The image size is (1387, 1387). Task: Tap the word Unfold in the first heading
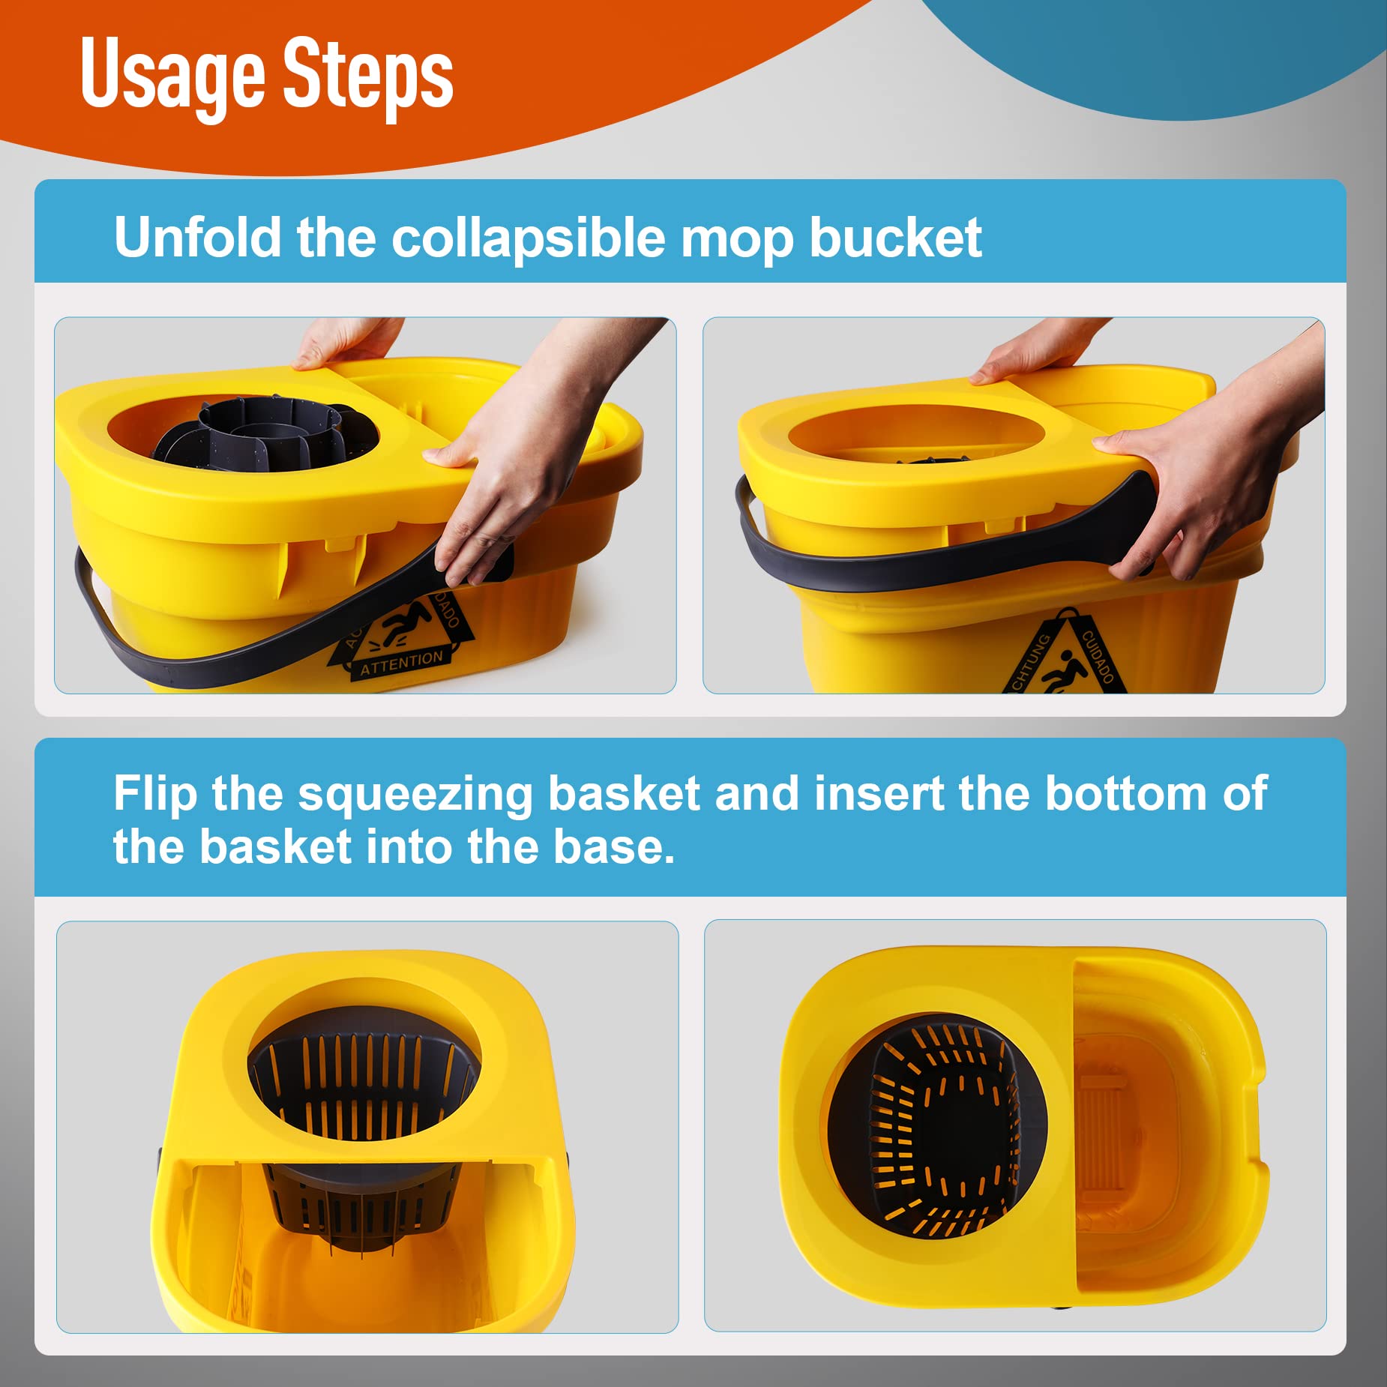(x=196, y=238)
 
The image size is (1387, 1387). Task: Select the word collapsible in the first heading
(x=528, y=238)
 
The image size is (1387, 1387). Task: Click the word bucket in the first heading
(x=895, y=238)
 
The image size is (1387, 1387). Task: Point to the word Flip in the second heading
(x=154, y=793)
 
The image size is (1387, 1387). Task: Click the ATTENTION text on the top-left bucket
(x=401, y=663)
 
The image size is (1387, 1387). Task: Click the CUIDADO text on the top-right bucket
(x=1097, y=657)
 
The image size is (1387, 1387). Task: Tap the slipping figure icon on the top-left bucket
(x=405, y=624)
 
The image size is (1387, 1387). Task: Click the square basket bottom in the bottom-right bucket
(x=946, y=1132)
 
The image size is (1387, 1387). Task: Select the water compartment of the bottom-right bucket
(x=1147, y=1125)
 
